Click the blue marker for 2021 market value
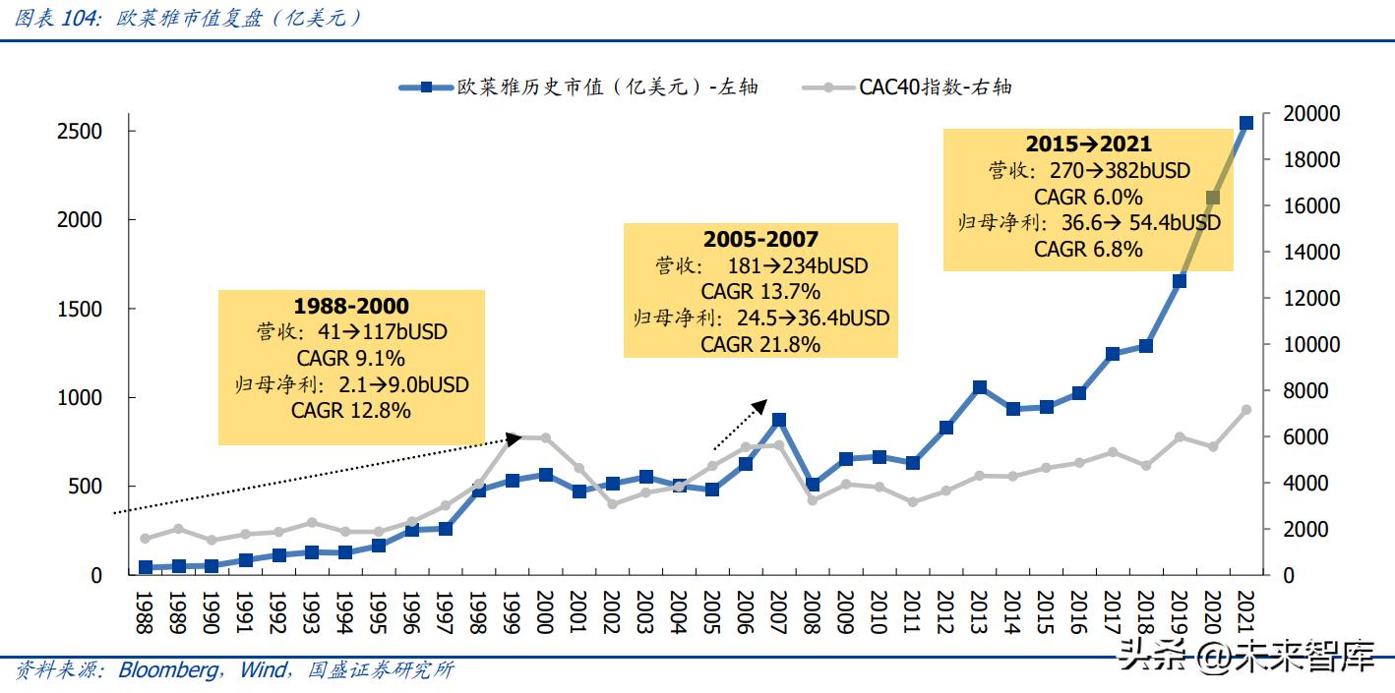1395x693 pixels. click(1245, 123)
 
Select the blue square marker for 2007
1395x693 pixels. click(778, 420)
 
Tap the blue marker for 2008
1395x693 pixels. click(812, 485)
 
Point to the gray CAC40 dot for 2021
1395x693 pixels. click(1245, 410)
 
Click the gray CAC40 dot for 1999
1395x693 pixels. click(512, 437)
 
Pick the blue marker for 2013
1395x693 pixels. click(979, 387)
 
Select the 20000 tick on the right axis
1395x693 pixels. click(1312, 114)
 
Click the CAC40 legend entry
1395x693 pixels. click(935, 87)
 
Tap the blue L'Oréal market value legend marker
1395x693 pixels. click(426, 87)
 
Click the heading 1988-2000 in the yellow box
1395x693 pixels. click(351, 306)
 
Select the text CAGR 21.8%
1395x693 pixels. click(760, 344)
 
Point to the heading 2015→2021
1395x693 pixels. click(1088, 144)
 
